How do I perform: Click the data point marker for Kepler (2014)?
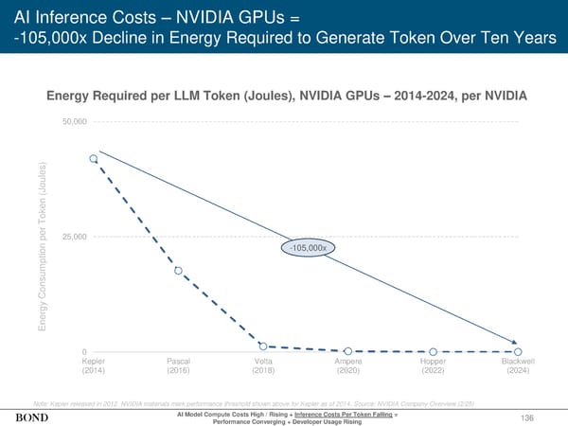[93, 159]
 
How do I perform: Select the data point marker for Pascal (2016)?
[178, 271]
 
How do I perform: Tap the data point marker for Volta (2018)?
[263, 346]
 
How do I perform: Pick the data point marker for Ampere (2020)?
[348, 351]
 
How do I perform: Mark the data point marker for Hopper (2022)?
[433, 352]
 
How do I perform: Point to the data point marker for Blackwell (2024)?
[518, 352]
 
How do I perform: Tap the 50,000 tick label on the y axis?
[75, 123]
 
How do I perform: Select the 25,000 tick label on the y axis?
[75, 237]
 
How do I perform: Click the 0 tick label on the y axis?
[85, 352]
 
